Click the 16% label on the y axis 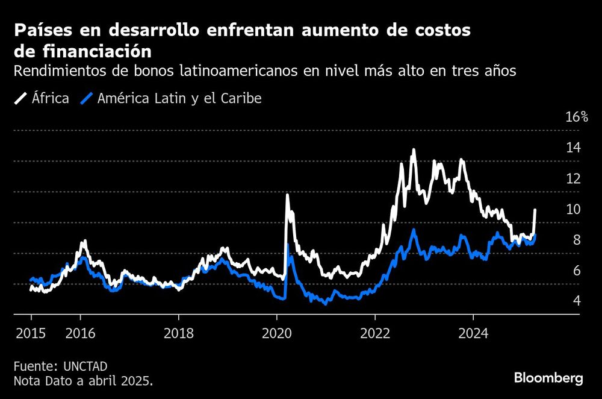pyautogui.click(x=576, y=117)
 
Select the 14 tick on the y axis pyautogui.click(x=573, y=148)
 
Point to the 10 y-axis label pyautogui.click(x=573, y=209)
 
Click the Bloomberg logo pyautogui.click(x=548, y=379)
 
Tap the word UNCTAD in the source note pyautogui.click(x=82, y=366)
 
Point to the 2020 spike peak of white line pyautogui.click(x=287, y=195)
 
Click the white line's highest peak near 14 pyautogui.click(x=414, y=149)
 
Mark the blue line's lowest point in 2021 pyautogui.click(x=326, y=303)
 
